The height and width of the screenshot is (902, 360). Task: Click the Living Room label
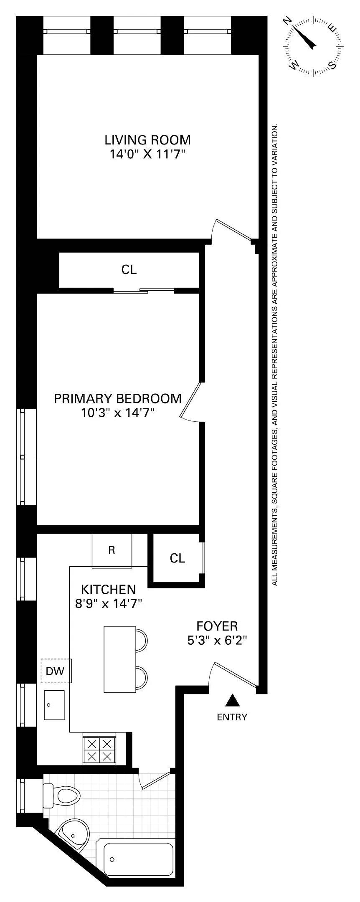point(147,139)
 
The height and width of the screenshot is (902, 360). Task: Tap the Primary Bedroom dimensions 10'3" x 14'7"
point(118,413)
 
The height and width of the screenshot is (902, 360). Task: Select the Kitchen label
point(108,589)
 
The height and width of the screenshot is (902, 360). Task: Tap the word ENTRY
point(232,717)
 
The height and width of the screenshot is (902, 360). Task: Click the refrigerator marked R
point(112,550)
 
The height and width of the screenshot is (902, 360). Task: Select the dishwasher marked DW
point(56,671)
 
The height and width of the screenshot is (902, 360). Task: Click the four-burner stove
point(99,749)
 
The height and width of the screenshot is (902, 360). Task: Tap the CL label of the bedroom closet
point(129,270)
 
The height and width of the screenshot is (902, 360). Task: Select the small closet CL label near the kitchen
point(177,558)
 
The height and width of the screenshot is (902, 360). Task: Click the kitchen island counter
point(120,659)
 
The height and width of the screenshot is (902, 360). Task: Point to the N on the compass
point(288,23)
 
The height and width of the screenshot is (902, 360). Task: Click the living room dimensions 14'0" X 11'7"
point(147,155)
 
